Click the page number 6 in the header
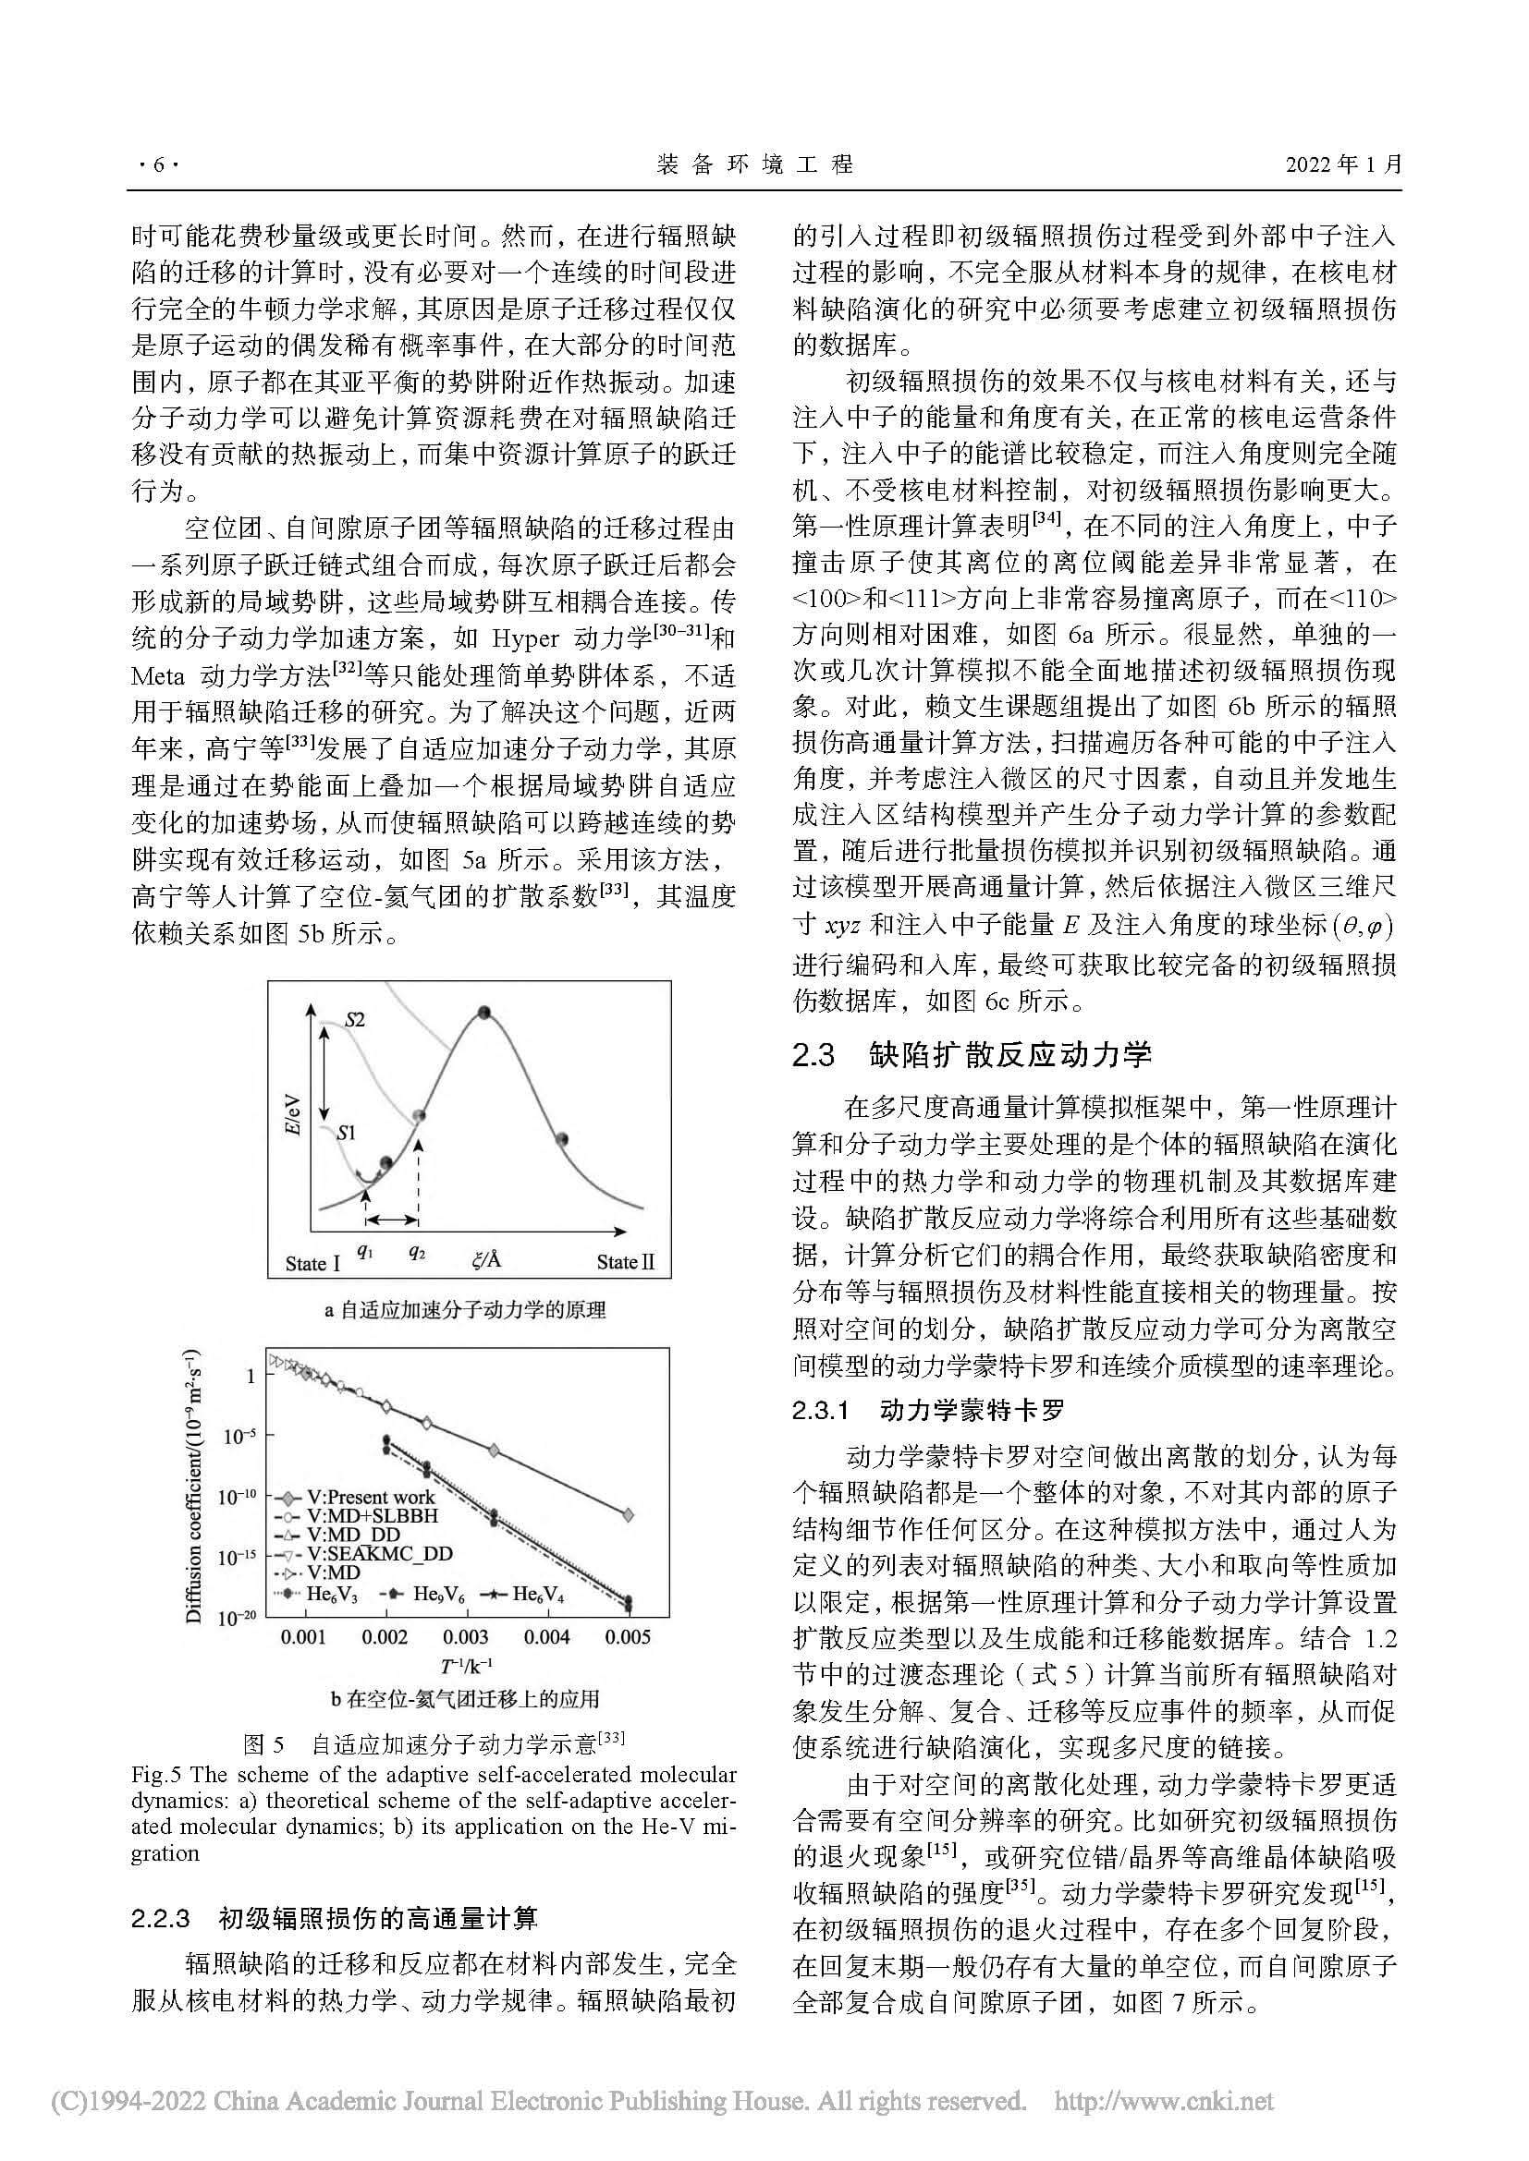[x=156, y=165]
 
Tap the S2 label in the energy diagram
[x=354, y=1019]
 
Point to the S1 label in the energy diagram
[x=346, y=1133]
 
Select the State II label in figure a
[x=625, y=1262]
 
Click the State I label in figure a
[x=312, y=1263]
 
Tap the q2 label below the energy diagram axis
[x=417, y=1254]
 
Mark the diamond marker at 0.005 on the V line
[x=628, y=1514]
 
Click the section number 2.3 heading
[x=814, y=1055]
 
